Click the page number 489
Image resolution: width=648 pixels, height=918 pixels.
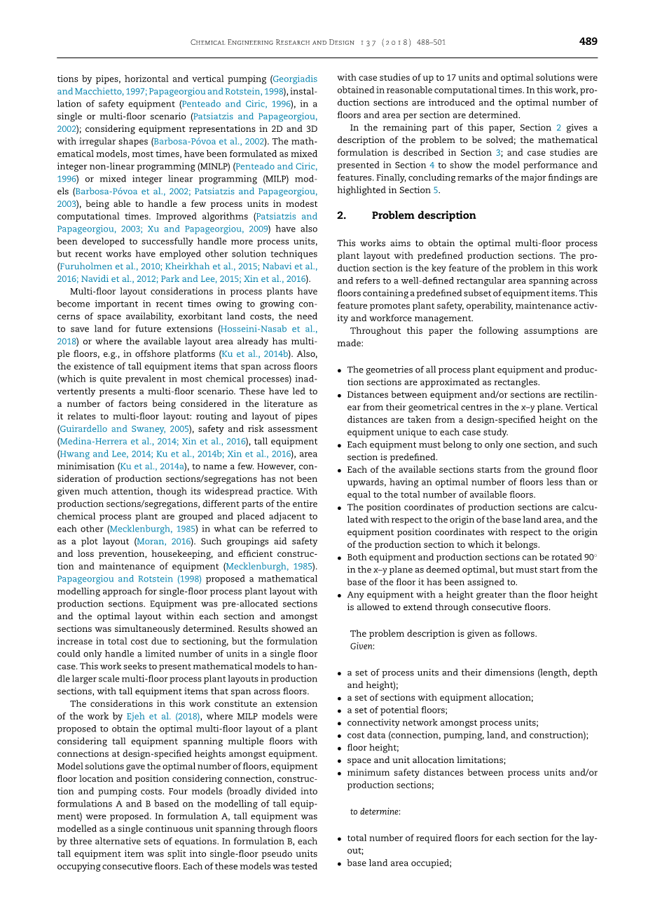588,41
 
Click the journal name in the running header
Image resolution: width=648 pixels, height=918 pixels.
273,42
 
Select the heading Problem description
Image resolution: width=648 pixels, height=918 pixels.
423,215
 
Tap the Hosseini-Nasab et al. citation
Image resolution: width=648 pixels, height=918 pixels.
268,329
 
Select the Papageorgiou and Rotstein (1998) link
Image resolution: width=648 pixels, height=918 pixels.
129,579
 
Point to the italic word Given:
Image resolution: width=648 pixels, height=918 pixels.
362,646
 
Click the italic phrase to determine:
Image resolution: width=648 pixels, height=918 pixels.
375,811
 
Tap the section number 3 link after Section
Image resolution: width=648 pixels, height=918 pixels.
498,153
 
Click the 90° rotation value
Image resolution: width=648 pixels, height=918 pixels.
588,558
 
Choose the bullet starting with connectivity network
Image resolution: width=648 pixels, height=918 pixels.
443,723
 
